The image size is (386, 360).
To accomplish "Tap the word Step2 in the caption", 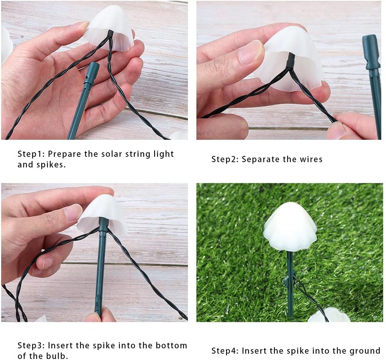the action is click(225, 159).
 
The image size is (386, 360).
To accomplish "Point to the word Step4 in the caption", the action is click(225, 351).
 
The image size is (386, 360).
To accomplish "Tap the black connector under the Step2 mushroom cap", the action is click(291, 61).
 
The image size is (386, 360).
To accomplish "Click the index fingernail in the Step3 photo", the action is click(73, 212).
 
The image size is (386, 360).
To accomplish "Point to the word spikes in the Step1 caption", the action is click(51, 165).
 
